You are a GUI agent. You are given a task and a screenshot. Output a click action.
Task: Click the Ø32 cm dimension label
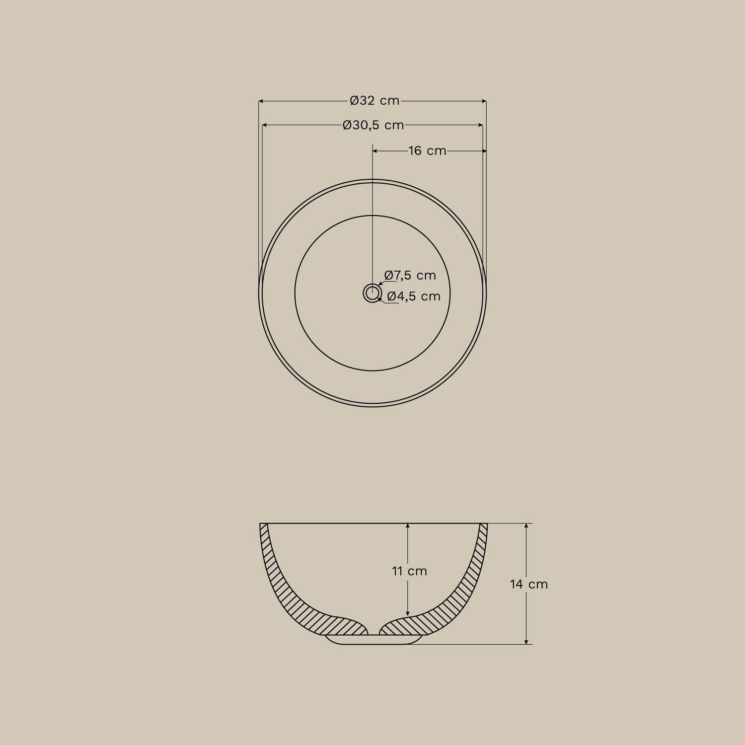pyautogui.click(x=374, y=101)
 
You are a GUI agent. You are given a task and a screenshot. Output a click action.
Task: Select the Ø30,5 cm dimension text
pyautogui.click(x=373, y=125)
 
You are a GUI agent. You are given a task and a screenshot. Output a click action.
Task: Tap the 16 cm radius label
pyautogui.click(x=427, y=150)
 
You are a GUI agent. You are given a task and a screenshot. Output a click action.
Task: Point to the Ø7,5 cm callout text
pyautogui.click(x=410, y=275)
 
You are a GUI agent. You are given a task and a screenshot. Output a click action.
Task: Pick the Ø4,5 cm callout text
pyautogui.click(x=414, y=297)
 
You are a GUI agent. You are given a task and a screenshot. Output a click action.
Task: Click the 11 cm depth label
pyautogui.click(x=409, y=571)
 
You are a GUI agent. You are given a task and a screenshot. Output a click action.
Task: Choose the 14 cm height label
pyautogui.click(x=529, y=584)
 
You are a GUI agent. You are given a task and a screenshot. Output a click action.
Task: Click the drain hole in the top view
pyautogui.click(x=372, y=293)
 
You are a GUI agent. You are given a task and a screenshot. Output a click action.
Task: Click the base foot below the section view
pyautogui.click(x=373, y=640)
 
